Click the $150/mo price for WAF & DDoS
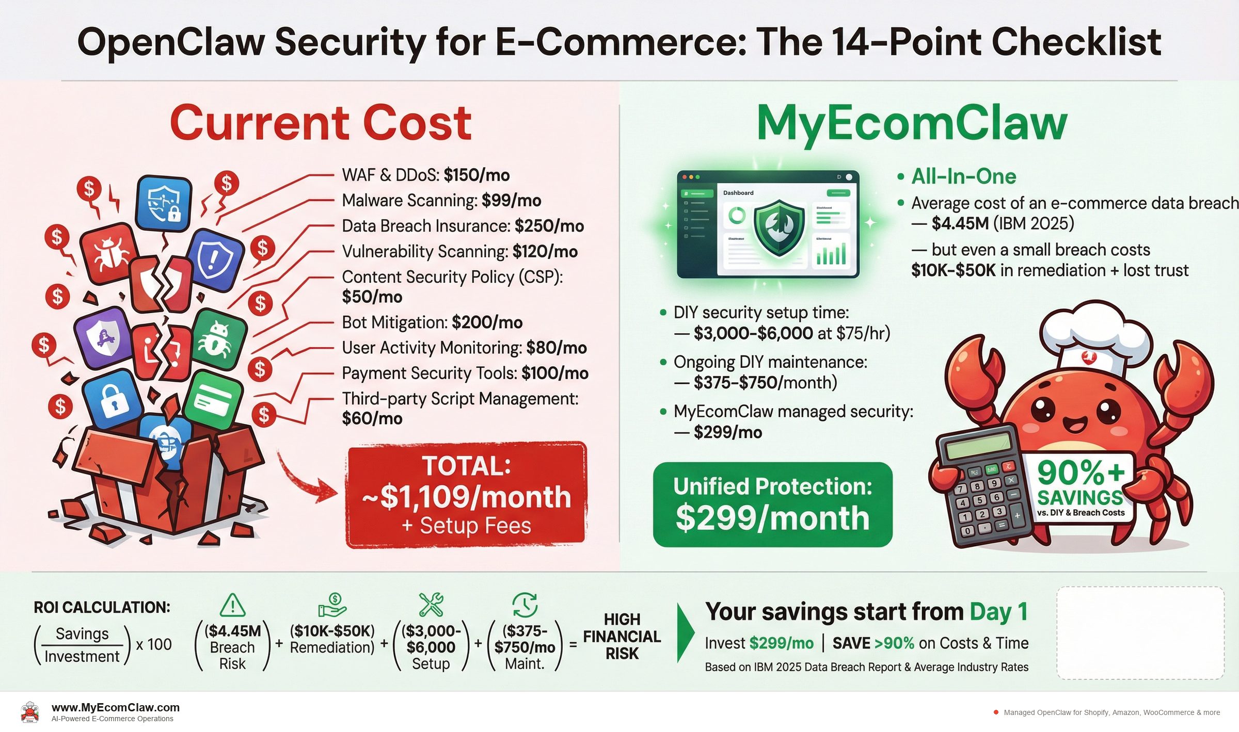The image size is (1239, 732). point(476,175)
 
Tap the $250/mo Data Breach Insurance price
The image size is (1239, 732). point(549,226)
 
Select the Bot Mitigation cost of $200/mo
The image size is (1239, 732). point(487,322)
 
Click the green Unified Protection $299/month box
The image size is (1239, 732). point(772,504)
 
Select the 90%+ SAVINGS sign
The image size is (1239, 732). point(1080,487)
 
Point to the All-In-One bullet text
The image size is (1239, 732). point(963,176)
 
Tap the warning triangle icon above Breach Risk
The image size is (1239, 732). point(232,605)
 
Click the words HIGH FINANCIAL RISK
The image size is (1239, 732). point(622,636)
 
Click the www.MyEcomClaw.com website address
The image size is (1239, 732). point(116,707)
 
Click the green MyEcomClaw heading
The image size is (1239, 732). point(911,124)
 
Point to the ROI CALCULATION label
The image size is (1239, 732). point(102,607)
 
